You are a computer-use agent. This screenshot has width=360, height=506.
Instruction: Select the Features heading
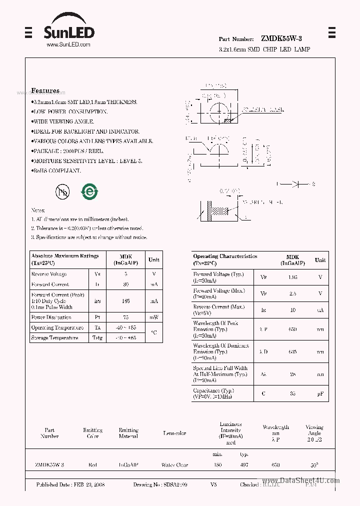coord(45,90)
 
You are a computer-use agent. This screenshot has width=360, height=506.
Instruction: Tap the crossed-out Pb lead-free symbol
coord(62,191)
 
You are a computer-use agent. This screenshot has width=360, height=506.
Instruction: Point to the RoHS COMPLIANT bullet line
coord(56,171)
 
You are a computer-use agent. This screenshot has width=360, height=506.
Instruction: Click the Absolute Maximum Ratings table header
coord(65,259)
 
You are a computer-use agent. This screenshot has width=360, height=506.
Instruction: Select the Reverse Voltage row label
coord(49,274)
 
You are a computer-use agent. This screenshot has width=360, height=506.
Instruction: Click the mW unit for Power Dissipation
coord(153,317)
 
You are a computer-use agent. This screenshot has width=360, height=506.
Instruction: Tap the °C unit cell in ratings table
coord(153,332)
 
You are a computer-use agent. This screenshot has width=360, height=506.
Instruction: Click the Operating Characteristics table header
coord(225,259)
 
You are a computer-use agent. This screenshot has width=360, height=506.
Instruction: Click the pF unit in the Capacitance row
coord(320,393)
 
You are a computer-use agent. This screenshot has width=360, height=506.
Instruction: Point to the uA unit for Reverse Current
coord(320,310)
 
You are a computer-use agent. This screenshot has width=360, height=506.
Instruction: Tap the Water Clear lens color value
coord(174,465)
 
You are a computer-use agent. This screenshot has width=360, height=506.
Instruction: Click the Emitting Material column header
coord(128,433)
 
